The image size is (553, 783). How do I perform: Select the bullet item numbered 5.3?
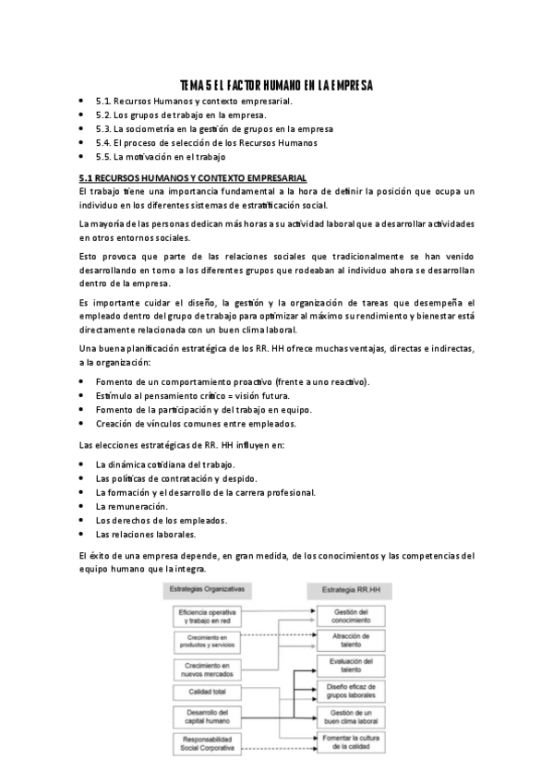click(214, 129)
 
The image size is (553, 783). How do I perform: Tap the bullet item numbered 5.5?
click(159, 157)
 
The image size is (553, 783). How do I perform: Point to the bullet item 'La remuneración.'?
click(131, 506)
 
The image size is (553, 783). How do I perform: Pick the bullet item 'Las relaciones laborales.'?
click(147, 534)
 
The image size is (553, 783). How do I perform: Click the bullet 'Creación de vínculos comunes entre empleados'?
click(195, 424)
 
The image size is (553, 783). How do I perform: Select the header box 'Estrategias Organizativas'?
click(205, 588)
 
